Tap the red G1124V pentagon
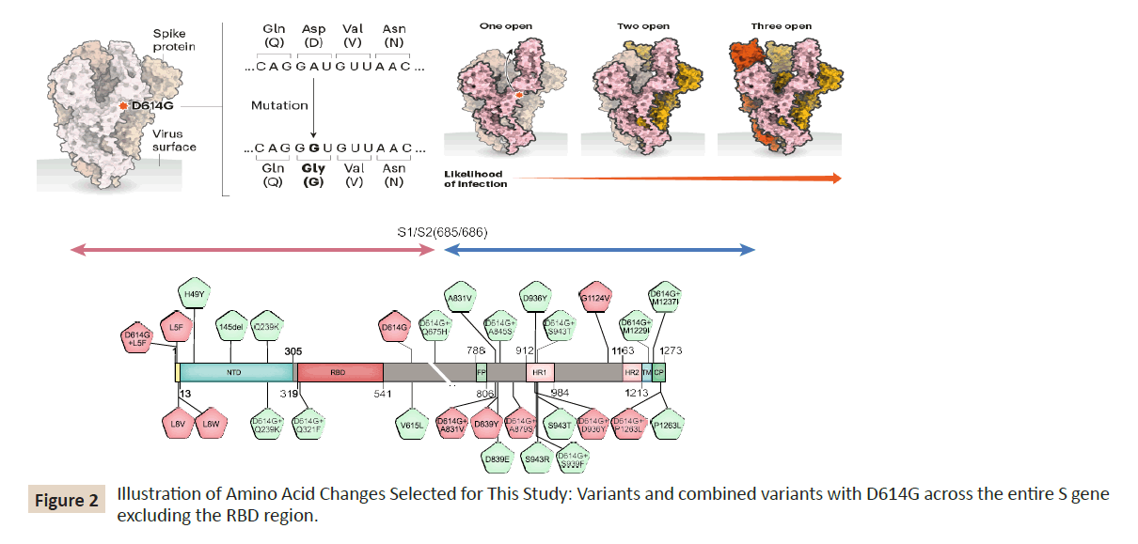coord(596,297)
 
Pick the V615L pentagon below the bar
coord(413,424)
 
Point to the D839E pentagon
coord(498,459)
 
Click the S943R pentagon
coord(537,459)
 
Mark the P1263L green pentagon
coord(669,425)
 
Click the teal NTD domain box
coord(235,372)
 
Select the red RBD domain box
coord(339,372)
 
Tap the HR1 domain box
coord(540,372)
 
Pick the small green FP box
coord(481,372)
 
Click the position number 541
coord(382,393)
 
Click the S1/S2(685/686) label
coord(442,230)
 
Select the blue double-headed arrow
coord(599,249)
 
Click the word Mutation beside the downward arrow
coord(279,105)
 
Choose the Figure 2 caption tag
coord(66,500)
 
